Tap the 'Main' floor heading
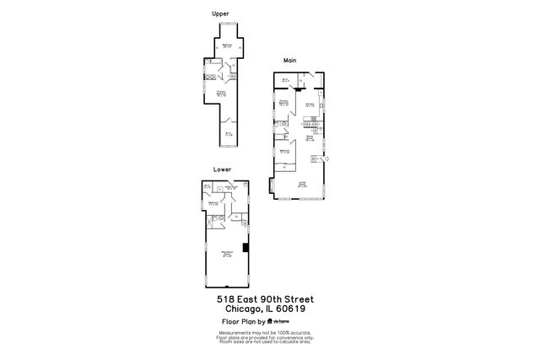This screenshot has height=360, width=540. [x=290, y=61]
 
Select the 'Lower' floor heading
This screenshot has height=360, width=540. [x=223, y=169]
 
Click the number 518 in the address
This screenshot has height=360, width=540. [x=226, y=299]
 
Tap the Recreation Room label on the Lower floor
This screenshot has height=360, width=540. [x=227, y=254]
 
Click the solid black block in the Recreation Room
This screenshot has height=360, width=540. [x=246, y=248]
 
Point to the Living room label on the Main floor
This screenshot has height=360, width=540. [x=301, y=183]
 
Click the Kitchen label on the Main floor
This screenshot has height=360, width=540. [x=310, y=105]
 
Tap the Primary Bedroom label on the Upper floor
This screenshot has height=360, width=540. [x=221, y=94]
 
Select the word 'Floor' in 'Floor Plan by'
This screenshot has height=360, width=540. [x=229, y=321]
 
